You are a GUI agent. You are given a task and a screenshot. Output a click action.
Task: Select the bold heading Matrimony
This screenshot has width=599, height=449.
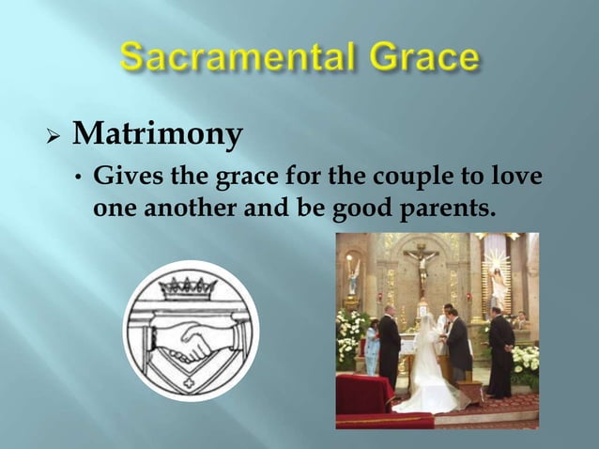click(157, 136)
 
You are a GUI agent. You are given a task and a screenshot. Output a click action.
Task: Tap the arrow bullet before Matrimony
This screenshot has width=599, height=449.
click(54, 138)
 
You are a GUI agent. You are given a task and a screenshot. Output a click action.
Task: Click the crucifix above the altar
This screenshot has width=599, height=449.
click(422, 263)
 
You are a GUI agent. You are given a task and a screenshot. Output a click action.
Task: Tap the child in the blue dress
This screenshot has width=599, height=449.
click(372, 348)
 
